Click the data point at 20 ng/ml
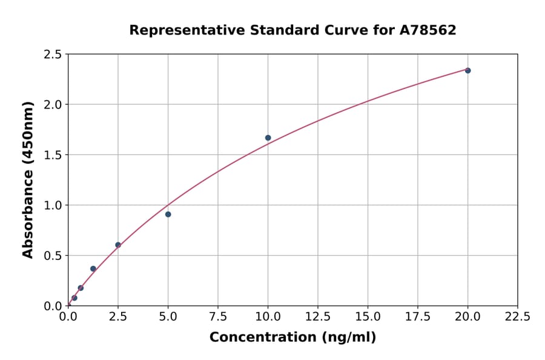coord(467,70)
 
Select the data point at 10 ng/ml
coord(268,138)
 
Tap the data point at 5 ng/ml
coord(168,214)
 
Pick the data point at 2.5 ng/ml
coord(118,245)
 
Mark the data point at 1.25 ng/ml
coord(93,268)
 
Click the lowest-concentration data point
coord(74,298)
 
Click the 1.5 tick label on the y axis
coord(53,155)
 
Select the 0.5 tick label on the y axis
coord(53,256)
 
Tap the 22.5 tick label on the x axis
coord(517,317)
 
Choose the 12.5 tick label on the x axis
coord(317,317)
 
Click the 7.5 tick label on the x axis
coord(218,317)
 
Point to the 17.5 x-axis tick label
coord(417,317)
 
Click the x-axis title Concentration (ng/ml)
coord(292,338)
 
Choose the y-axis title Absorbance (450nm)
coord(28,179)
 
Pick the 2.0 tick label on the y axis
coord(53,105)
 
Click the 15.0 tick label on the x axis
coord(368,317)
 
